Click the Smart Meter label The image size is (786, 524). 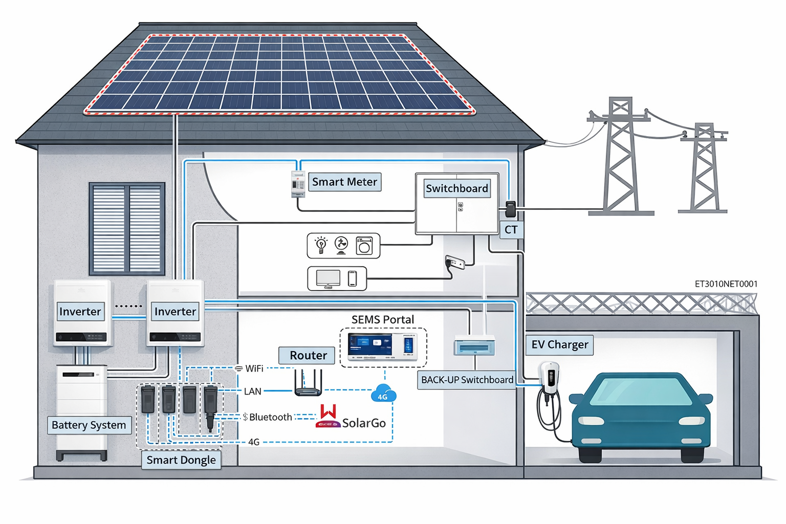[344, 182]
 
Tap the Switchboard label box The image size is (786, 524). [457, 188]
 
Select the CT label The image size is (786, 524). [511, 230]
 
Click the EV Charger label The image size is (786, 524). [559, 344]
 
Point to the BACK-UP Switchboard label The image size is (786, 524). [467, 380]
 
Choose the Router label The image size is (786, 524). [308, 355]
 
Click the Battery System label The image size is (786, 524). [89, 425]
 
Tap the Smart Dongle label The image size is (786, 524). [181, 460]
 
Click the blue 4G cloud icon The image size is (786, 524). [383, 393]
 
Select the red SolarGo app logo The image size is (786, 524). [329, 415]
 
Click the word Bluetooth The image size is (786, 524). [270, 417]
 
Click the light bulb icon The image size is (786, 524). [321, 245]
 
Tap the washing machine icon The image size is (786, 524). [364, 246]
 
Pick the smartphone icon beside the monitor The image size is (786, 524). [352, 278]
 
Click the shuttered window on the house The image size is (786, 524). [127, 228]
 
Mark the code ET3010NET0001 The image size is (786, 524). [726, 284]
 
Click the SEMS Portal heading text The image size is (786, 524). [383, 319]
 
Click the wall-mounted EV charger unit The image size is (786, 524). [550, 379]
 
